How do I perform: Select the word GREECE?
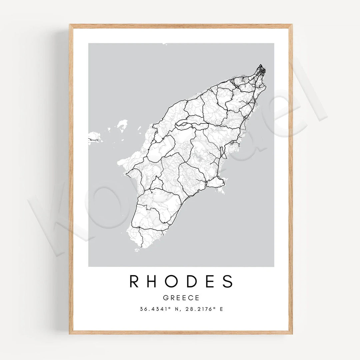(x=181, y=298)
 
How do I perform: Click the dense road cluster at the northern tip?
(x=261, y=71)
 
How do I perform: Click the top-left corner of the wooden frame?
(x=70, y=25)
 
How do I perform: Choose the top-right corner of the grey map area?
(x=274, y=44)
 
